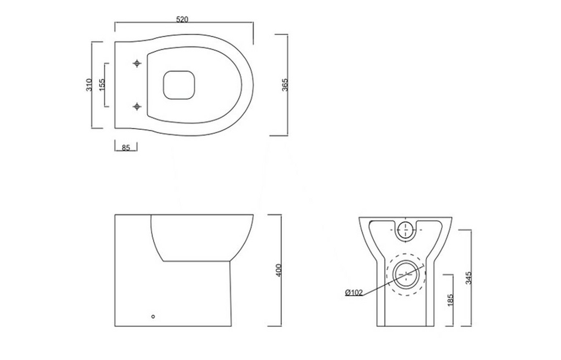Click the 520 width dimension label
pyautogui.click(x=182, y=19)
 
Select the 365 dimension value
pyautogui.click(x=284, y=84)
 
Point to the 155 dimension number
pyautogui.click(x=102, y=86)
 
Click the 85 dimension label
pyautogui.click(x=125, y=148)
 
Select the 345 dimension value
pyautogui.click(x=468, y=277)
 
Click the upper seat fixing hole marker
pyautogui.click(x=137, y=63)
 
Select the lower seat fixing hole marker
pyautogui.click(x=137, y=106)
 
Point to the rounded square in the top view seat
pyautogui.click(x=179, y=85)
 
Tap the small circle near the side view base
pyautogui.click(x=154, y=316)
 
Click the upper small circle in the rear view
pyautogui.click(x=405, y=230)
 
